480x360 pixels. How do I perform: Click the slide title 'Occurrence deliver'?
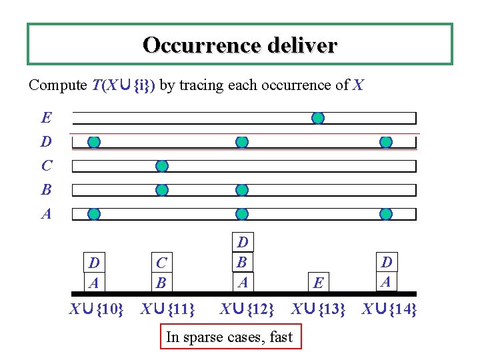(240, 45)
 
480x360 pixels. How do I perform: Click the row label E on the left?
(46, 119)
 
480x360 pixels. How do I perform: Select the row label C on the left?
(46, 166)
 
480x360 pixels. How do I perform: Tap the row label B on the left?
(46, 190)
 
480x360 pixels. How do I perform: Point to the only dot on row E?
(318, 118)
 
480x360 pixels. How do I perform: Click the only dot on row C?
(161, 166)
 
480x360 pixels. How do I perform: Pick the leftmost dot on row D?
(94, 142)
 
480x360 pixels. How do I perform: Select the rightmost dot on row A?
(386, 214)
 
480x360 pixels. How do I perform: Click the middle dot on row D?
(242, 142)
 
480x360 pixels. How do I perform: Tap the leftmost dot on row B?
(161, 190)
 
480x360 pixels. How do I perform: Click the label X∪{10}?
(97, 309)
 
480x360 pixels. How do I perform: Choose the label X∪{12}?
(247, 309)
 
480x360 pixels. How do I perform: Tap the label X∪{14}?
(389, 309)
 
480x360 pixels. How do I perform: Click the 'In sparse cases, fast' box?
(229, 337)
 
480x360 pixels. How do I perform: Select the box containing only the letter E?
(319, 283)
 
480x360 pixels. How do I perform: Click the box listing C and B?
(161, 272)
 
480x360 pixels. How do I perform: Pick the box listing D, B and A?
(243, 262)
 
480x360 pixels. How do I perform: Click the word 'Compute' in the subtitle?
(57, 85)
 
